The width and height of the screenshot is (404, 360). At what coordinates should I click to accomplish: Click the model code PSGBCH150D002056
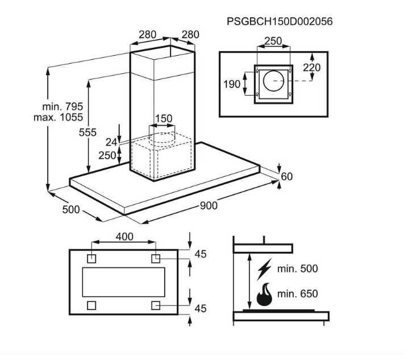click(280, 22)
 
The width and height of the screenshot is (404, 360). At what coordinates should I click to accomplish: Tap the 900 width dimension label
click(209, 205)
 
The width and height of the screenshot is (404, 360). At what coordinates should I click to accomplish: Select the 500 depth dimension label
click(71, 209)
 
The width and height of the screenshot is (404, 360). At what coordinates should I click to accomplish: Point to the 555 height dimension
click(88, 133)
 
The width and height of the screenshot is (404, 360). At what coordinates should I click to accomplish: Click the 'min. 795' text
click(63, 106)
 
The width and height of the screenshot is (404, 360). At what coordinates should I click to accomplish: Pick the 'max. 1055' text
click(58, 117)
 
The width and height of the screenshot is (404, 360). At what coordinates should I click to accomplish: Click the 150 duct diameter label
click(164, 119)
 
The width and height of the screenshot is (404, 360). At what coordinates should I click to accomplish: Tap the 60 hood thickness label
click(287, 177)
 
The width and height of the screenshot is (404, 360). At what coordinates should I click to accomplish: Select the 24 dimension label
click(111, 142)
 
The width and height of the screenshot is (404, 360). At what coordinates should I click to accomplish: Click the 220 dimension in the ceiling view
click(312, 68)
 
